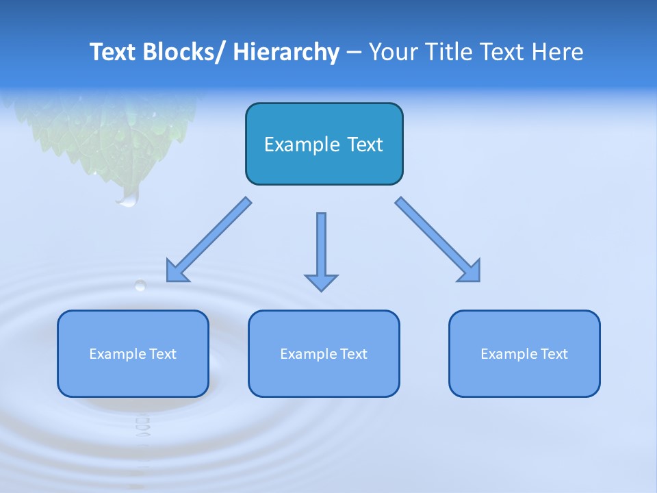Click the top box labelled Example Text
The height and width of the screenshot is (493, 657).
324,144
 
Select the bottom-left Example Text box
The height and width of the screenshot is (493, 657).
133,354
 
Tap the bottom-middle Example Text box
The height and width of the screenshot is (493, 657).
324,354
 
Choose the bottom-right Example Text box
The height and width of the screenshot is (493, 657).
524,354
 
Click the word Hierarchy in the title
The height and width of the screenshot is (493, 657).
286,52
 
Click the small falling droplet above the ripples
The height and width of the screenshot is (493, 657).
140,285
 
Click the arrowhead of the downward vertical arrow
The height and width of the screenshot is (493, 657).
321,282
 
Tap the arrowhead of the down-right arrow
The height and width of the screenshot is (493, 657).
469,270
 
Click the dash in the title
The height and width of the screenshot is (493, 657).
354,52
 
